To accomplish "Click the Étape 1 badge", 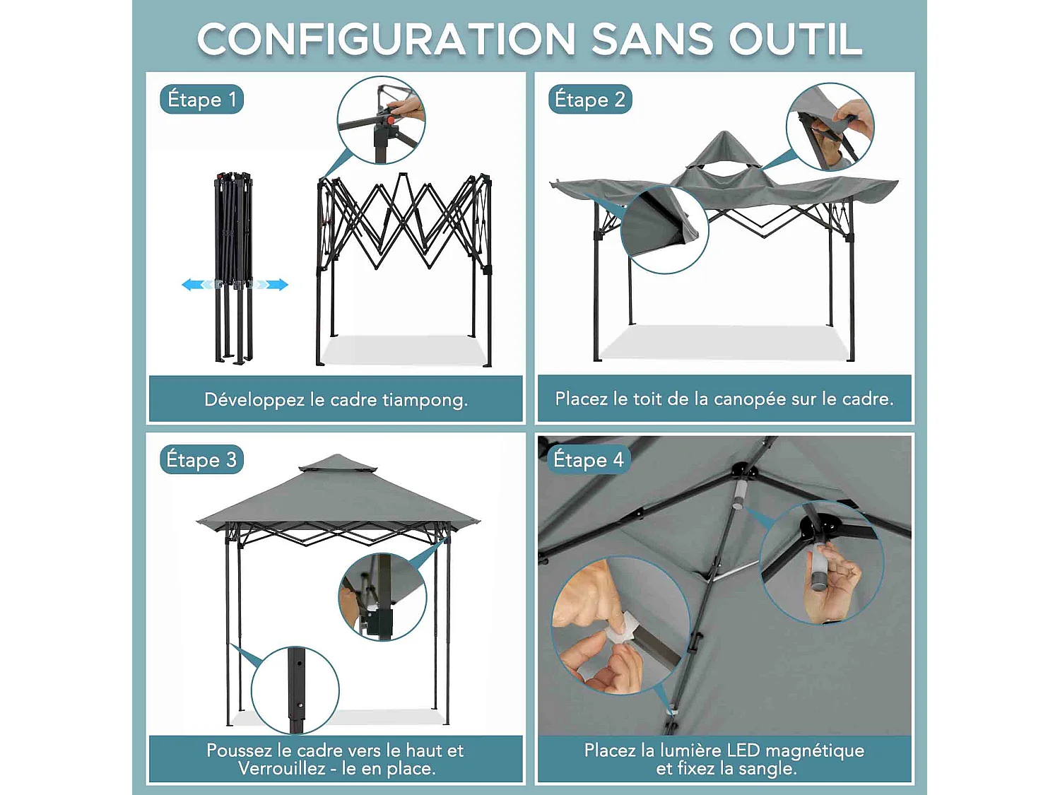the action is tap(201, 100).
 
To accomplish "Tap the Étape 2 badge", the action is tap(589, 100).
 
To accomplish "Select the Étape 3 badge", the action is tap(201, 459).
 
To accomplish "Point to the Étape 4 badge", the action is tap(589, 459).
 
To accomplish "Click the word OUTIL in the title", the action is tap(796, 39).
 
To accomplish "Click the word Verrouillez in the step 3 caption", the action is tap(282, 768).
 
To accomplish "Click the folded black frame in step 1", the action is tap(234, 268).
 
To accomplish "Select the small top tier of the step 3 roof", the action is tap(338, 464).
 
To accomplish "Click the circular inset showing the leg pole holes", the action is tap(295, 690).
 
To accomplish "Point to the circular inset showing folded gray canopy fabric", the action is tap(664, 229).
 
